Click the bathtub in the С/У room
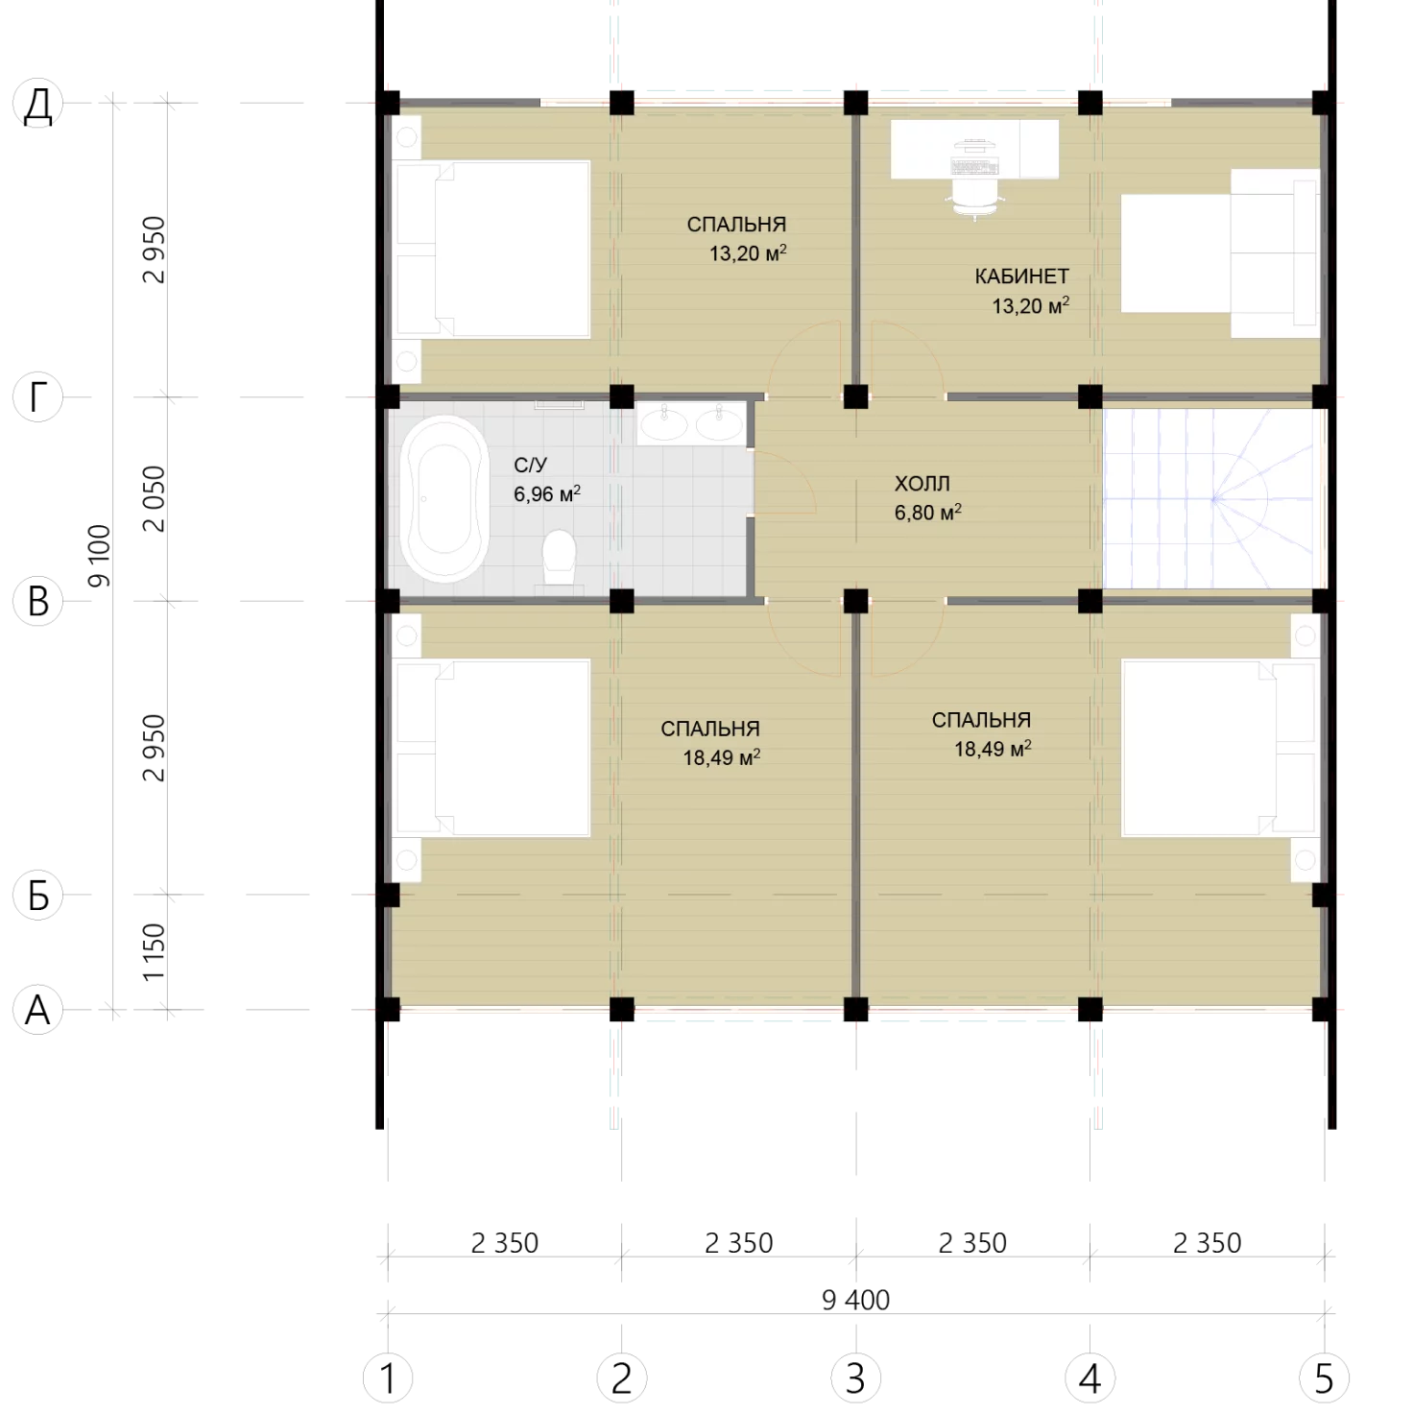pyautogui.click(x=445, y=498)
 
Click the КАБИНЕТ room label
pyautogui.click(x=1021, y=276)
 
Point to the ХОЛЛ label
pyautogui.click(x=922, y=484)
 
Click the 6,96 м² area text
pyautogui.click(x=547, y=493)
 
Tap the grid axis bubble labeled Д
pyautogui.click(x=38, y=104)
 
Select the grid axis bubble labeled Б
pyautogui.click(x=38, y=895)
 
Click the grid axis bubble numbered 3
pyautogui.click(x=855, y=1377)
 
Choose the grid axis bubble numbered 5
pyautogui.click(x=1324, y=1377)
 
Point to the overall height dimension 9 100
pyautogui.click(x=99, y=556)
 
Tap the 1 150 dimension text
pyautogui.click(x=154, y=952)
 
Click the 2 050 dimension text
pyautogui.click(x=154, y=498)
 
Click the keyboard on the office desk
pyautogui.click(x=974, y=166)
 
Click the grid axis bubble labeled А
pyautogui.click(x=38, y=1010)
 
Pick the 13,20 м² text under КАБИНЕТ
pyautogui.click(x=1030, y=305)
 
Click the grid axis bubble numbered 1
pyautogui.click(x=388, y=1377)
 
